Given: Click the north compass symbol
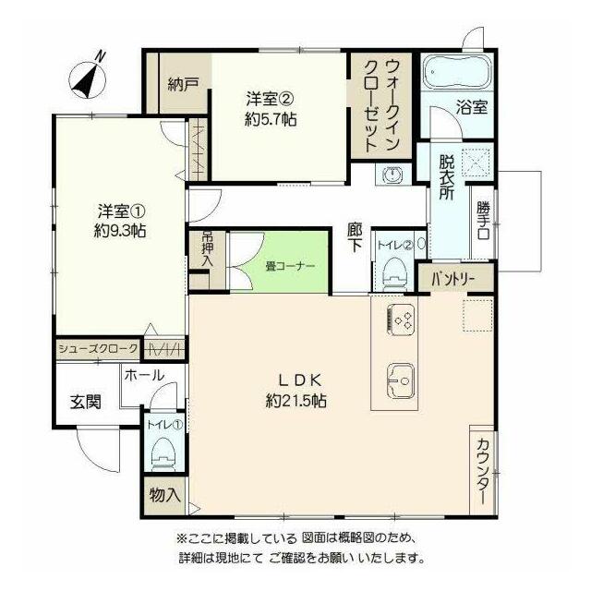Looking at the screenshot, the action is coord(90,78).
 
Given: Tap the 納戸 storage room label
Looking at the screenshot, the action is coord(183,84).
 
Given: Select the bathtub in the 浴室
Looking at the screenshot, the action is coord(456,72).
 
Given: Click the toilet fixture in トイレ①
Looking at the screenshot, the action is coord(164,453).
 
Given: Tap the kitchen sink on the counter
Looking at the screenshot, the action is coord(401,381).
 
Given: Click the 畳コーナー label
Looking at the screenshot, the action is coord(289,267).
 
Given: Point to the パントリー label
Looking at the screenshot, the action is coord(453,279).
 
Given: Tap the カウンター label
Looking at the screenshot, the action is coord(482,471).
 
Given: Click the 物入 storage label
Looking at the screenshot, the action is coord(164,495).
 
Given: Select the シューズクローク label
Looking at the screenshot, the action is coord(98,349).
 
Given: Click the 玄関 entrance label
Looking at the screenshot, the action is coord(86,403).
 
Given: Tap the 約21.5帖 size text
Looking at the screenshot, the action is coord(295,401).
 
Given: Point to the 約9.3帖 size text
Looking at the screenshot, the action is coord(120,231).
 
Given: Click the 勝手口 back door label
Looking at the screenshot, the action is coord(483,221).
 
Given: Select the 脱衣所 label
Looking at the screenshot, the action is coord(446,178).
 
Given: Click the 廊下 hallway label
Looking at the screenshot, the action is coord(355,238).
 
